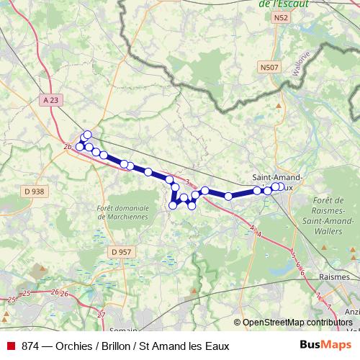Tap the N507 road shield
(269, 67)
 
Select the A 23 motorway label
(50, 100)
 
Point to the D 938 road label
(34, 191)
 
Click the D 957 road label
(122, 251)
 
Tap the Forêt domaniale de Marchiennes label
(122, 211)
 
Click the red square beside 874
(9, 346)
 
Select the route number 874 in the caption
(30, 346)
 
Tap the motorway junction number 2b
(68, 148)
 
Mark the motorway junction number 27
(101, 315)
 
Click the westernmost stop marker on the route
(80, 147)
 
